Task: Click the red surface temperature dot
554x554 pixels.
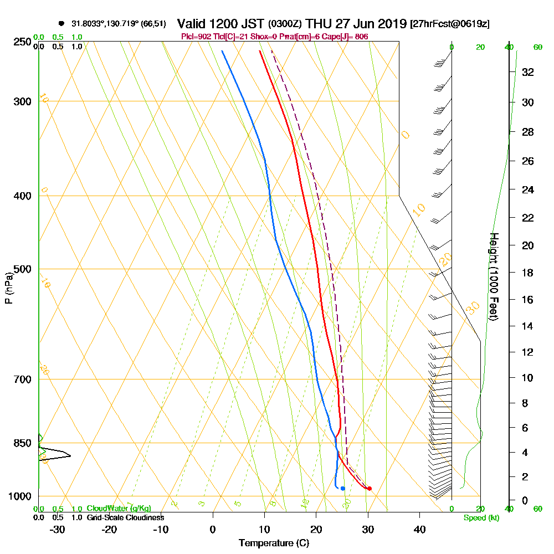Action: [370, 488]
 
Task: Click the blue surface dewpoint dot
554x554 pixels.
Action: [343, 488]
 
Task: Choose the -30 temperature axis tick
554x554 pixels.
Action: [58, 529]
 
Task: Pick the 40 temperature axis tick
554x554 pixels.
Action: [419, 529]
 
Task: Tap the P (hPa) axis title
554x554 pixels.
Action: [9, 288]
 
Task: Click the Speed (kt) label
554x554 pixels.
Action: [479, 517]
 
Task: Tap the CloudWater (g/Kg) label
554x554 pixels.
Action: [119, 509]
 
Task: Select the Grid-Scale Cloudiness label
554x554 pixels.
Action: [125, 517]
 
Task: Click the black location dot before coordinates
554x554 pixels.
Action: [61, 24]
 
